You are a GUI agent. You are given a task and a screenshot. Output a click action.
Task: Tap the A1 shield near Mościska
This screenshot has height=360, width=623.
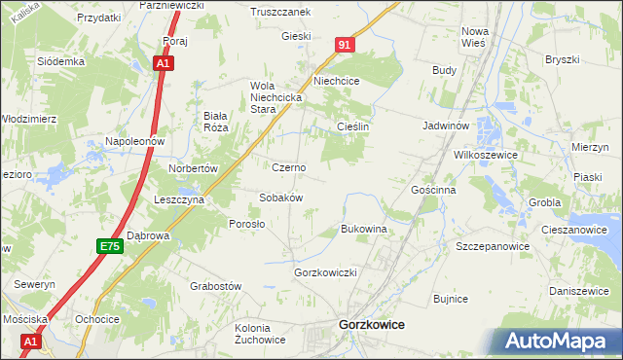[x=30, y=342]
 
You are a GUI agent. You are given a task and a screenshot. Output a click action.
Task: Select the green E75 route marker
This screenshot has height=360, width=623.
[x=109, y=247]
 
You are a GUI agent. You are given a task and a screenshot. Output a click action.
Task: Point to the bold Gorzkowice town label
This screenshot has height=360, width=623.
[x=370, y=325]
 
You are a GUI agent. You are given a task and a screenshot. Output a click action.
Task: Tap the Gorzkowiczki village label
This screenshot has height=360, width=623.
[x=327, y=272]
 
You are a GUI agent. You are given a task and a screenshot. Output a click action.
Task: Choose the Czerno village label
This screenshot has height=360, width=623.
[x=288, y=167]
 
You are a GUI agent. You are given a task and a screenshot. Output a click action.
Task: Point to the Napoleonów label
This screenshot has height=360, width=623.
[x=137, y=141]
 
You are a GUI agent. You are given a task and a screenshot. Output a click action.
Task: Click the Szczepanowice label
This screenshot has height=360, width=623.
[x=493, y=246]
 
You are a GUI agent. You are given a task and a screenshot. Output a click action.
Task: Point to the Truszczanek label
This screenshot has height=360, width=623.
[x=279, y=12]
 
